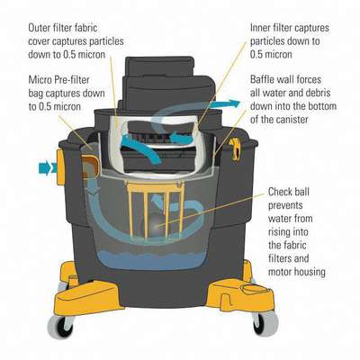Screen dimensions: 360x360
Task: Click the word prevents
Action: pyautogui.click(x=289, y=205)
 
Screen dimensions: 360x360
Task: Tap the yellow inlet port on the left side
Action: pyautogui.click(x=65, y=164)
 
